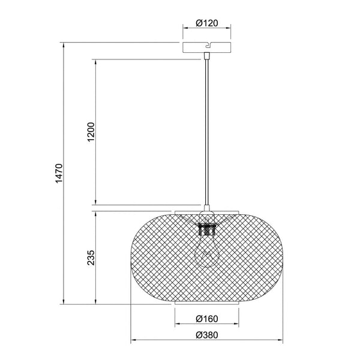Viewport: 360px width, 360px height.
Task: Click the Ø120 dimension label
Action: pos(208,25)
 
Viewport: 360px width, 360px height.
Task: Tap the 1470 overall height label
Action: pos(59,174)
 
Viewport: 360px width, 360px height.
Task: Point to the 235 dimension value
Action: pos(89,257)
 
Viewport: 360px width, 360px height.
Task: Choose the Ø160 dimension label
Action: pos(208,319)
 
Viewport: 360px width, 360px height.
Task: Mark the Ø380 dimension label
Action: pos(208,337)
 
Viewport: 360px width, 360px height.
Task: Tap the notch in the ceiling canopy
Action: pos(209,44)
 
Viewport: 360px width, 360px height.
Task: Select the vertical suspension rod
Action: pos(208,132)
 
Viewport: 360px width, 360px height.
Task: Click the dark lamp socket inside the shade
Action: pos(207,229)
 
